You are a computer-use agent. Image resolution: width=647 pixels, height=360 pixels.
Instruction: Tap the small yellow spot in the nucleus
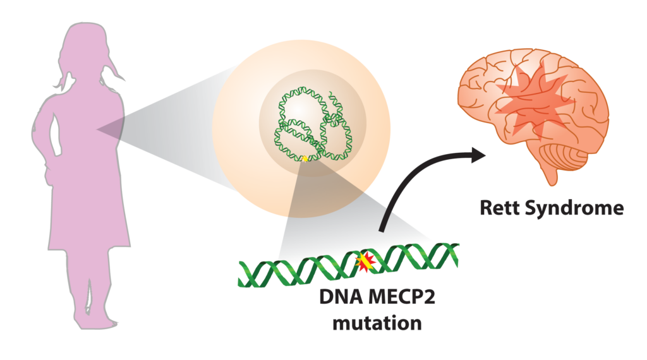[305, 159]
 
